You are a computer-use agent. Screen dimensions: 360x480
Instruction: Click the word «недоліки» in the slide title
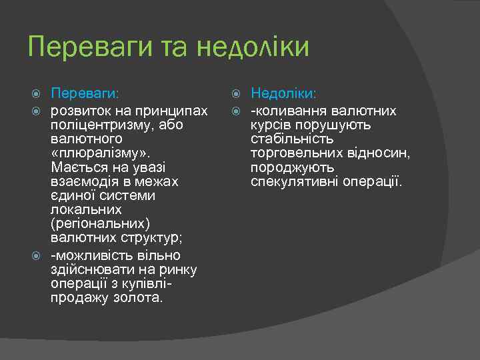tap(253, 48)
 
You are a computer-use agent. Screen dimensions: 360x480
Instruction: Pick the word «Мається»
tap(75, 167)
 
